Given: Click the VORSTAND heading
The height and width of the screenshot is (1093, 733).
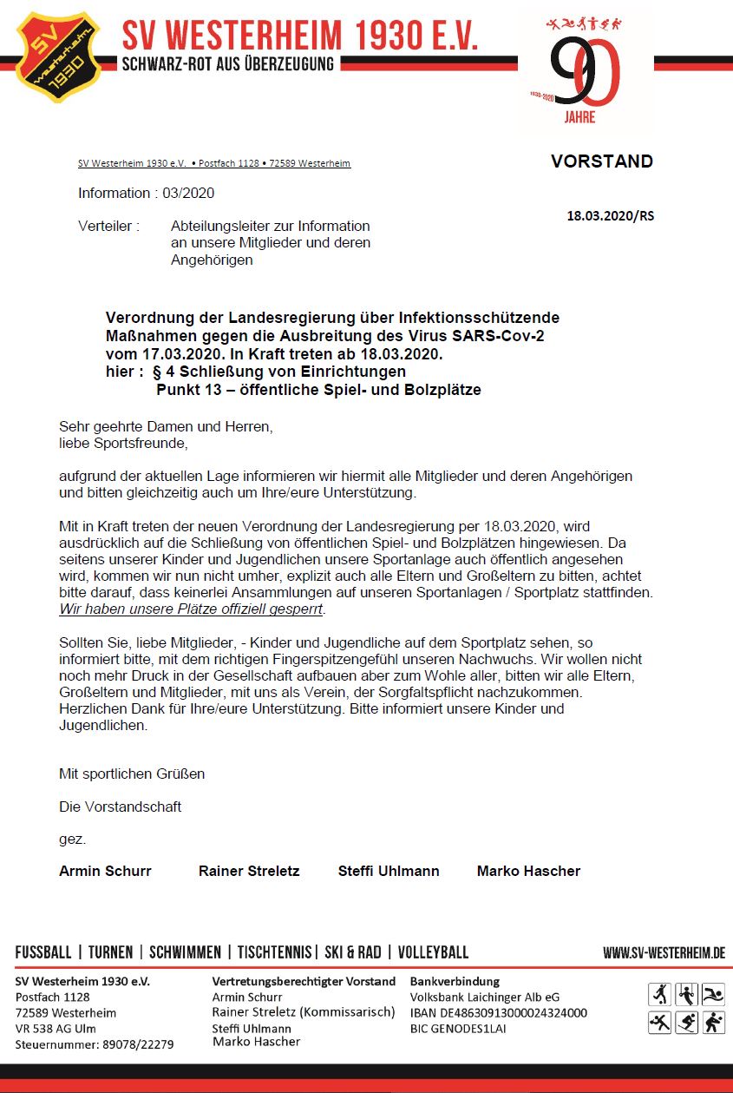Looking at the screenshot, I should click(x=601, y=161).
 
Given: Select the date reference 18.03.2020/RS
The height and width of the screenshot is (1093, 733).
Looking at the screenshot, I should click(x=610, y=215).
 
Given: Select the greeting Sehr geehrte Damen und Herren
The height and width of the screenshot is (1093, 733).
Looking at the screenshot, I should click(x=166, y=427).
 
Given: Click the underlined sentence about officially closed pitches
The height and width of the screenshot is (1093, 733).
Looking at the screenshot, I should click(x=191, y=609).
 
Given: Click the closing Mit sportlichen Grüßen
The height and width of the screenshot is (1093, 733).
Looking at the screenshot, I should click(x=132, y=774).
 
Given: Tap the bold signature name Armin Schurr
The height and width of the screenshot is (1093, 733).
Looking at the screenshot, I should click(x=105, y=871).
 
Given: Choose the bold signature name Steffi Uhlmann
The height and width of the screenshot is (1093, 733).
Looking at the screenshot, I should click(x=389, y=871).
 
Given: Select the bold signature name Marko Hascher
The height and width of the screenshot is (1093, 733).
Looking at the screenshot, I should click(x=528, y=871).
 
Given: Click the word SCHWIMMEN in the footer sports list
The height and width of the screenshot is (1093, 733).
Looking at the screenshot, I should click(x=185, y=952).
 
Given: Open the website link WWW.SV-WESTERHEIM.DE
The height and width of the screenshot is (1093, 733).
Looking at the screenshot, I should click(x=664, y=953).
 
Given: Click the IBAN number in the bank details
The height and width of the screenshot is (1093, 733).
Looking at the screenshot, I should click(x=499, y=1013).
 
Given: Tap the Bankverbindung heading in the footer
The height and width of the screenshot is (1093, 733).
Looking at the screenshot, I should click(x=455, y=981).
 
